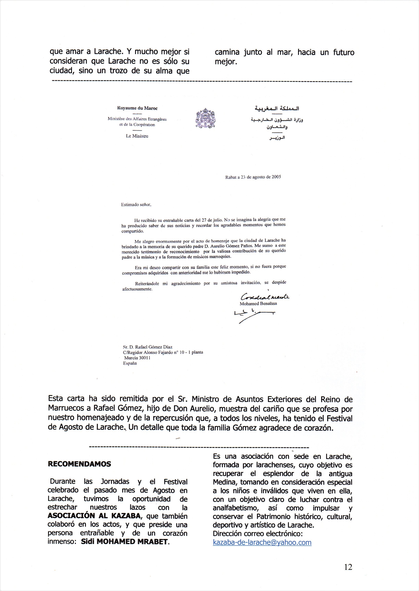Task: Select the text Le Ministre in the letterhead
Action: click(x=137, y=136)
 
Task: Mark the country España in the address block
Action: click(x=130, y=363)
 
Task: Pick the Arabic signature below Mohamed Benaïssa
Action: click(x=254, y=316)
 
